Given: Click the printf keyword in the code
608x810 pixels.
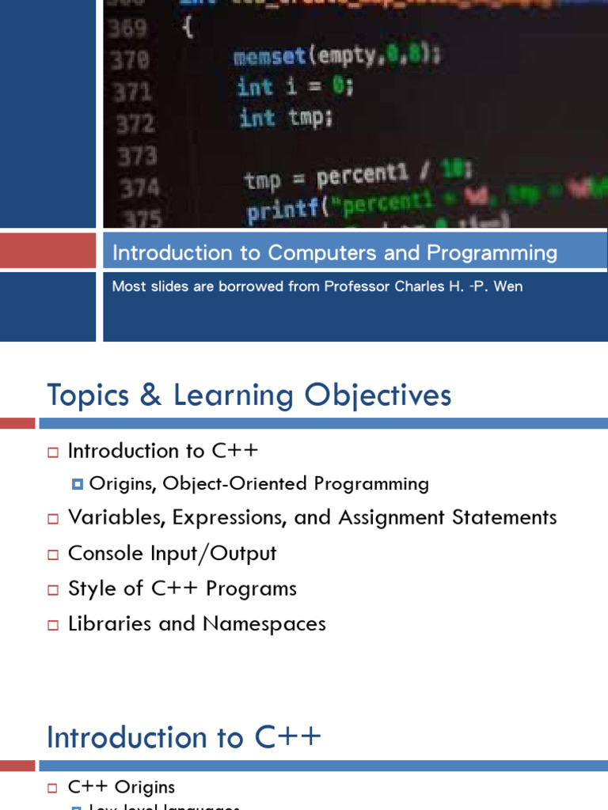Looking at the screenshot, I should tap(277, 212).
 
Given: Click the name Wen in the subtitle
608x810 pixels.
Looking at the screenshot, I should tap(508, 286).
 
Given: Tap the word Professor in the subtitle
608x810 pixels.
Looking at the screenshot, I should tap(359, 286).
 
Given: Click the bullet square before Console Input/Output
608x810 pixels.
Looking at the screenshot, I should tap(53, 555).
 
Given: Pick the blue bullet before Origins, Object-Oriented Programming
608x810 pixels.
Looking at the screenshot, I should tap(77, 484).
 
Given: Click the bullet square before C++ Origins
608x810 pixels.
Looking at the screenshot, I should tap(53, 788).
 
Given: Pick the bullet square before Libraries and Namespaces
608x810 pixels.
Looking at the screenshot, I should tap(53, 625).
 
